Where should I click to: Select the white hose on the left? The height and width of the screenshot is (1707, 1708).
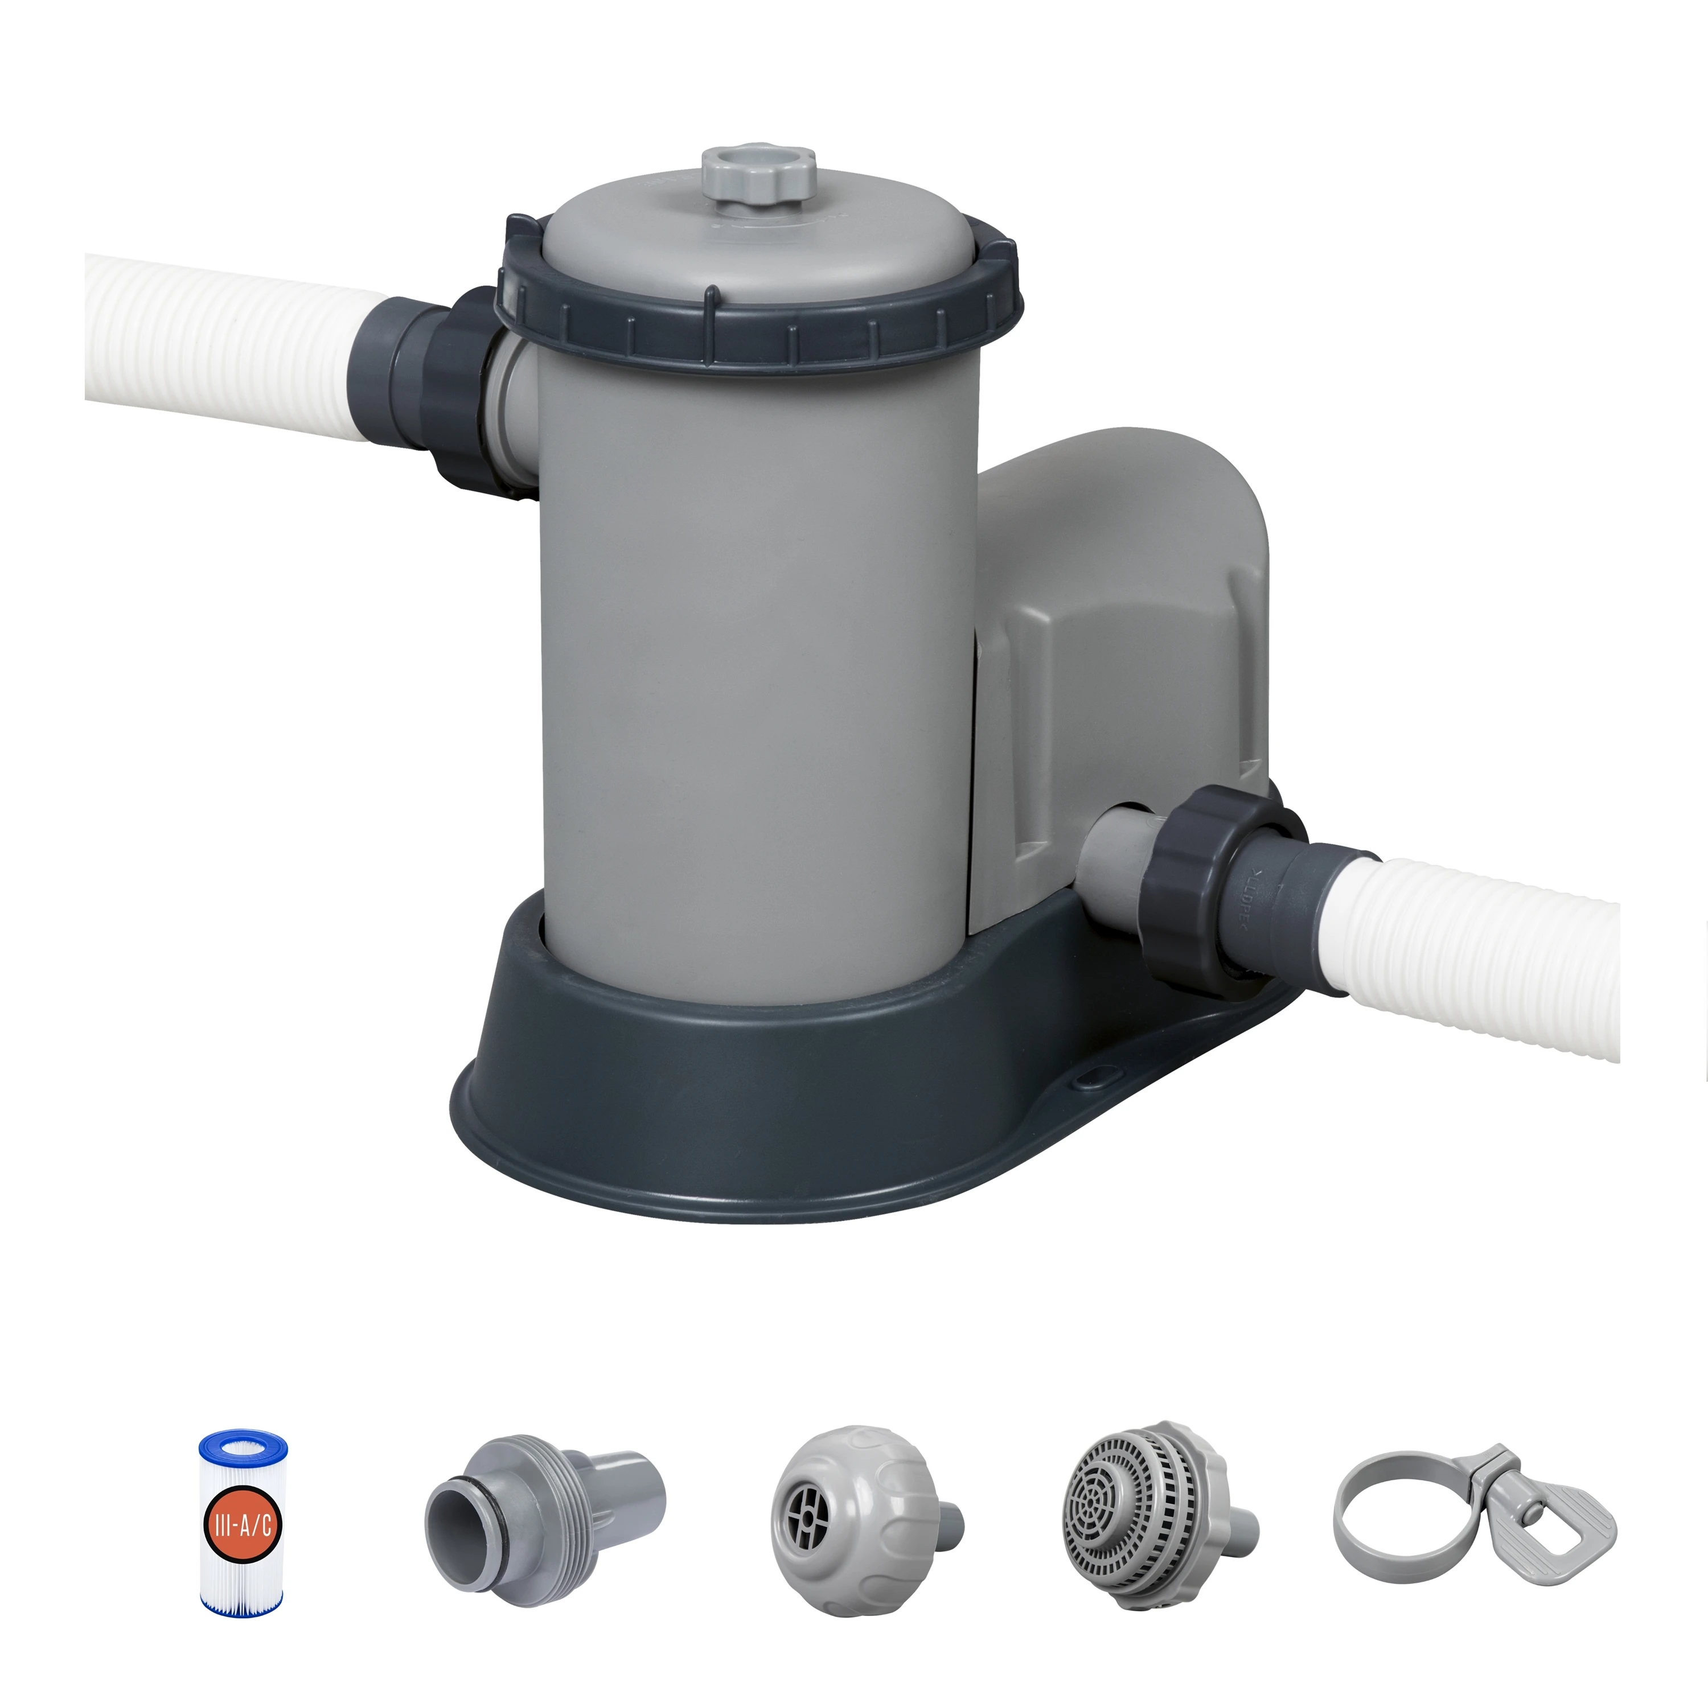point(221,345)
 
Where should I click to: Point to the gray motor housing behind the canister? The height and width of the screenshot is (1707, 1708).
point(1123,636)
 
